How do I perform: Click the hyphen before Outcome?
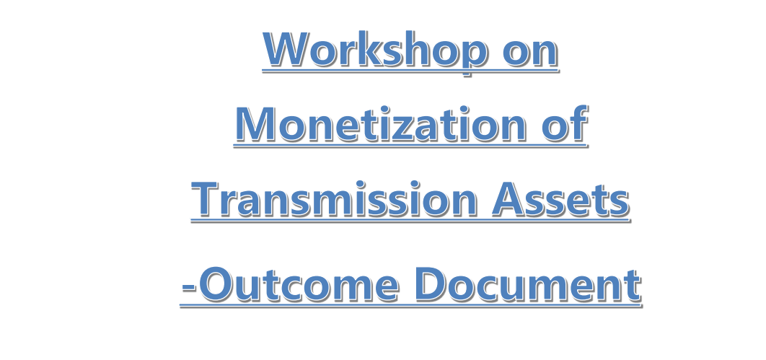(x=189, y=287)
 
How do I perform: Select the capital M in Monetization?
(x=256, y=124)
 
